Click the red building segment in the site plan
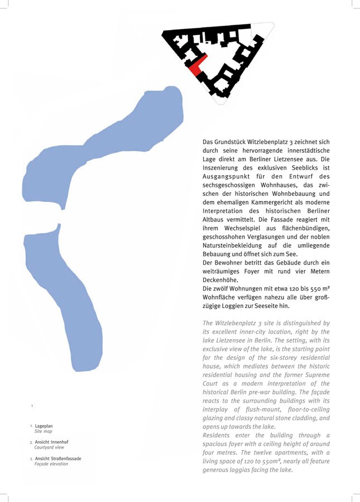(x=199, y=65)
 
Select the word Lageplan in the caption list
(x=44, y=426)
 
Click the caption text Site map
(x=43, y=432)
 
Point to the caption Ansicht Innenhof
(x=51, y=442)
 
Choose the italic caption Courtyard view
(x=49, y=447)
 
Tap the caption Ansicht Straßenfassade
(x=57, y=458)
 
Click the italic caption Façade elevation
(x=51, y=464)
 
